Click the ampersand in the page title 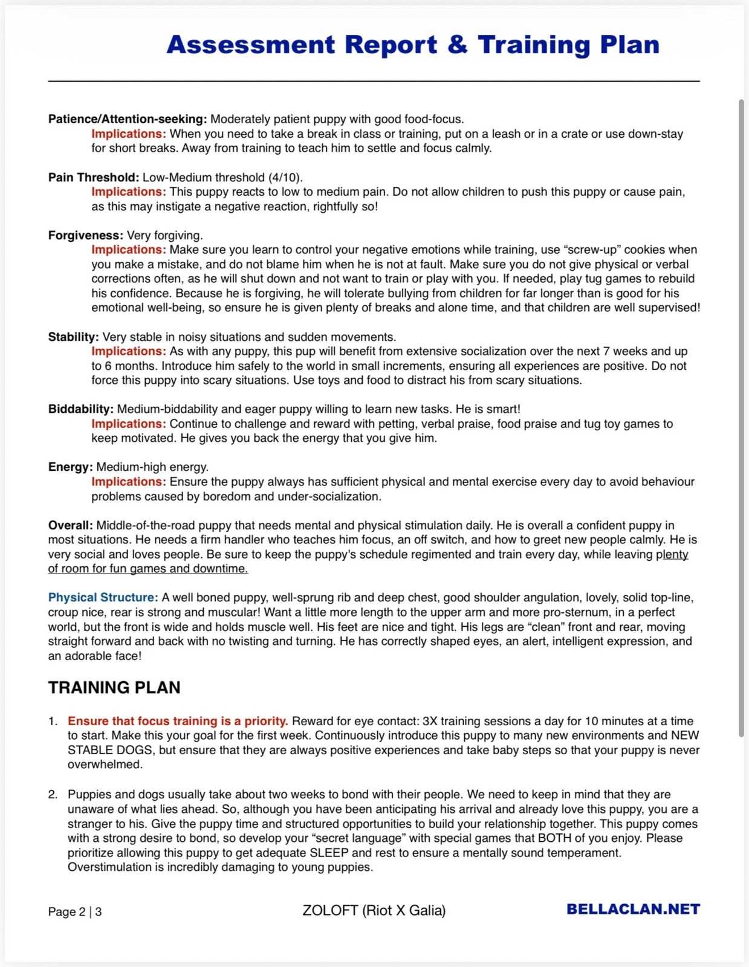pos(458,45)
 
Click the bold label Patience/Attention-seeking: pos(128,119)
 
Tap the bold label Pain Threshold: pos(94,177)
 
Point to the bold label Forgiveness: pos(86,235)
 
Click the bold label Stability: pos(74,337)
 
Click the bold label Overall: pos(71,525)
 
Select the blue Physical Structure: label pos(103,598)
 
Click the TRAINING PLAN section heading pos(114,688)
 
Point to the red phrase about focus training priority pos(178,721)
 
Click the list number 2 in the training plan pos(53,794)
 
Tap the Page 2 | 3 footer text pos(75,911)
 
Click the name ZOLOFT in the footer pos(330,910)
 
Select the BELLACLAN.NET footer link pos(633,909)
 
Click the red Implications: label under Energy pos(129,482)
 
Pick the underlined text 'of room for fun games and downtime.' pos(148,569)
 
